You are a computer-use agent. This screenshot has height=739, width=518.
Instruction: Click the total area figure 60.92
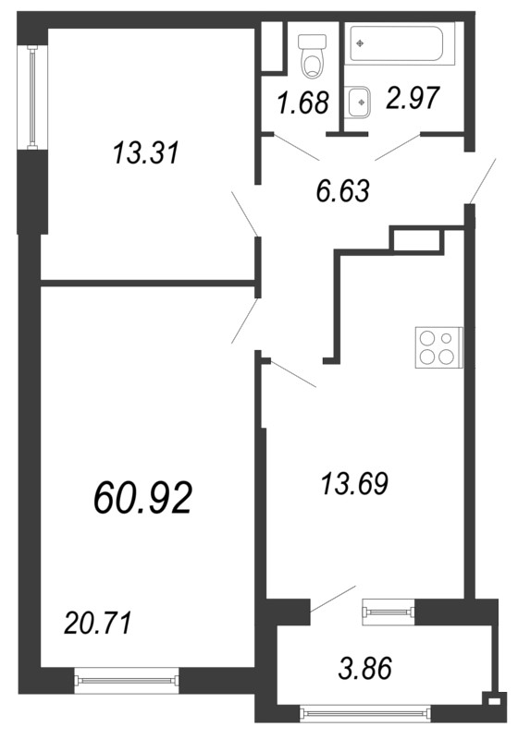pos(143,498)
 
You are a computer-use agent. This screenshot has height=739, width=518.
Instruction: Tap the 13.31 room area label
pos(146,153)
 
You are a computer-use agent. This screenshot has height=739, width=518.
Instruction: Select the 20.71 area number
pos(97,623)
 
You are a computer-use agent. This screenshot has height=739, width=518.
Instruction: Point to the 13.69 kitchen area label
pos(354,483)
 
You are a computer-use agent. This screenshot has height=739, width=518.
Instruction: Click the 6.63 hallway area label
pos(342,191)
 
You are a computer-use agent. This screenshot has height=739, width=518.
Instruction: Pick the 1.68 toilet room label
pos(302,103)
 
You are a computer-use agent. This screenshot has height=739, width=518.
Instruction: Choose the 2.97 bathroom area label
pos(413,98)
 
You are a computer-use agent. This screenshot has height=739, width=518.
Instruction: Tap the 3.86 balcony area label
pos(365,668)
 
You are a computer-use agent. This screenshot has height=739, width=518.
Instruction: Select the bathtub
pos(402,43)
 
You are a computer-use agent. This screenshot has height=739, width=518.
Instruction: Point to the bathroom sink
pos(360,103)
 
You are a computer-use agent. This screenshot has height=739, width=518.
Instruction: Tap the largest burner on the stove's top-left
pos(428,339)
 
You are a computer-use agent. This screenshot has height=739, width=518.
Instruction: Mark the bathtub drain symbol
pos(361,43)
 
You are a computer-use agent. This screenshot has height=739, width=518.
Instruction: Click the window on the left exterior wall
pos(32,98)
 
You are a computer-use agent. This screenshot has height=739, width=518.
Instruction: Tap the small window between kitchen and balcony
pos(388,612)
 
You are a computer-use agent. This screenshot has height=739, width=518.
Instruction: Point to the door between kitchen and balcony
pos(332,599)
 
